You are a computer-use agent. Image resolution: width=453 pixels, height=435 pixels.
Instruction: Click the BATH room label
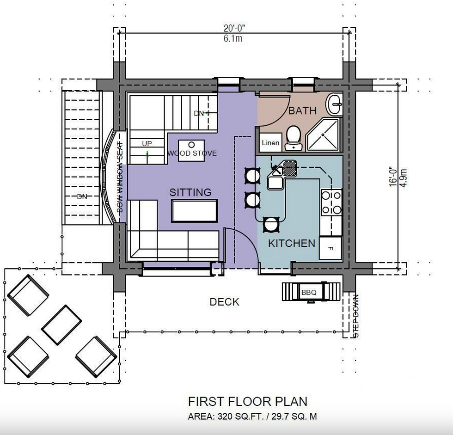coord(302,110)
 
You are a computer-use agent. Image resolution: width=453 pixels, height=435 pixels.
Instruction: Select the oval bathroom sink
coord(335,104)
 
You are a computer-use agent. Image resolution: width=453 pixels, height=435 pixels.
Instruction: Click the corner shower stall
coord(323,134)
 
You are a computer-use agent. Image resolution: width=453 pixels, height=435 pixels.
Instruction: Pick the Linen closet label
coord(270,142)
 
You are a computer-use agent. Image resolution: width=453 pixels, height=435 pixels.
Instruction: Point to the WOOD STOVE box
coord(191,151)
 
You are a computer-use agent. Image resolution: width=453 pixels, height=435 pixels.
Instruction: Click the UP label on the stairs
coord(147,144)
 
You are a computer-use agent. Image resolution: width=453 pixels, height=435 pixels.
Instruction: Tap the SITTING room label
coord(190,192)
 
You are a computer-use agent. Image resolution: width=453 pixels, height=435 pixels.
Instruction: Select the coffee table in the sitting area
coord(195,211)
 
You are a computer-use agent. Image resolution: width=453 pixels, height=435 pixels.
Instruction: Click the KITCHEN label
coord(292,244)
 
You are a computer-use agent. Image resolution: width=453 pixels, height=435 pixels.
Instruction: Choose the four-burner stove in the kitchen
coord(331,202)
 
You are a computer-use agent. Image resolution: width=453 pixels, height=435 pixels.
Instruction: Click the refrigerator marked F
coord(331,248)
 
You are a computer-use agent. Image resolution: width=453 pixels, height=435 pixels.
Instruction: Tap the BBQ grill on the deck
coord(311,292)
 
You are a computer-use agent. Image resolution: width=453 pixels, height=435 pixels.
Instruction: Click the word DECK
coord(225,302)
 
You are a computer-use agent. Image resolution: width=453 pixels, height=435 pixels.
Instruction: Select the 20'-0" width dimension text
coord(234,28)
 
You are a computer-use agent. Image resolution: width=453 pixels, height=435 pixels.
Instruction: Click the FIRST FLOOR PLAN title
coord(248,402)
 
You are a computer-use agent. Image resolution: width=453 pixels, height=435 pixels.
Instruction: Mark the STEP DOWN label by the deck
coord(356,316)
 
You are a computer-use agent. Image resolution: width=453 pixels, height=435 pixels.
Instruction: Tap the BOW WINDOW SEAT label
coord(120,177)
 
